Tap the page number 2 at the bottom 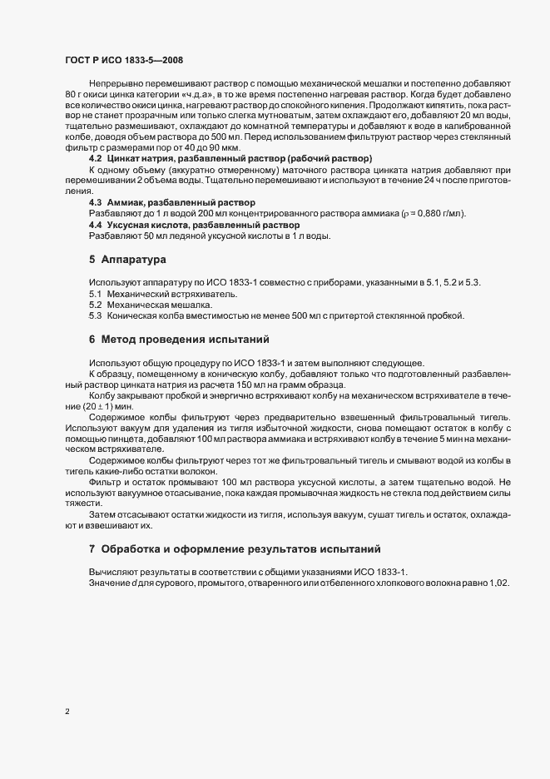(66, 712)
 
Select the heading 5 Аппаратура (121, 260)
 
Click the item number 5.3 (95, 316)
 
